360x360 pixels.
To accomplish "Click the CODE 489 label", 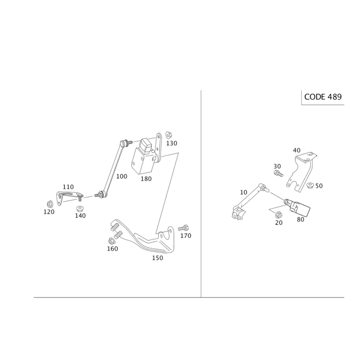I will click(x=323, y=97).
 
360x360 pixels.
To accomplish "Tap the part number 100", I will click(x=121, y=176).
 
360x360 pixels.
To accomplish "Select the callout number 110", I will click(x=67, y=186).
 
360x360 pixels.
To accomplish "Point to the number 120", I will click(x=49, y=212).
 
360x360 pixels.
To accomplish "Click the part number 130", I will click(x=172, y=143).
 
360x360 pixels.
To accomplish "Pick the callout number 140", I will click(x=81, y=216).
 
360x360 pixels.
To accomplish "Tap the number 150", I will click(x=157, y=258).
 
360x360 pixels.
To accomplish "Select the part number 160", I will click(x=112, y=249).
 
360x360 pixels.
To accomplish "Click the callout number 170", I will click(x=185, y=235).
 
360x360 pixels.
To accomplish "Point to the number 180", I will click(x=146, y=179).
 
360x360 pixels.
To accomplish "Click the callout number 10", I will click(x=243, y=192).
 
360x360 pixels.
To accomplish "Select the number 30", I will click(x=277, y=166).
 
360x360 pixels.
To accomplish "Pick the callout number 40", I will click(x=296, y=150).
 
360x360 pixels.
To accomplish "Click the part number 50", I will click(x=319, y=185).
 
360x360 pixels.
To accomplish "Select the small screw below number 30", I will click(x=278, y=172).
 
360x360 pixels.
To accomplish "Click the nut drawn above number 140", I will click(x=81, y=208).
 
